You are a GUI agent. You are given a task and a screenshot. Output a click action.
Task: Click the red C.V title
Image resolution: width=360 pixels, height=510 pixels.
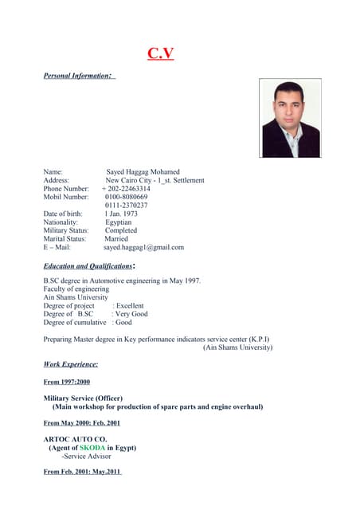tap(160, 54)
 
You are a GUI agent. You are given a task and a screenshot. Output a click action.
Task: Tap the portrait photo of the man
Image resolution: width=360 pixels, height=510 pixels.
tap(290, 118)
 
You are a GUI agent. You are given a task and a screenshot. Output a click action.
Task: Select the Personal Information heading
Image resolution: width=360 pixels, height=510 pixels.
tap(79, 76)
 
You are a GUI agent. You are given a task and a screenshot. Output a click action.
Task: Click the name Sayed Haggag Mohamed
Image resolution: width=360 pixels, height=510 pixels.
tap(143, 171)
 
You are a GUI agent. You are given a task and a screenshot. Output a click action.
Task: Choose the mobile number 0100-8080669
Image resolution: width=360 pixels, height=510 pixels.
tap(126, 197)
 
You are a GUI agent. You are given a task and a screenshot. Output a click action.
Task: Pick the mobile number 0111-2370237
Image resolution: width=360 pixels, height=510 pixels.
tap(126, 206)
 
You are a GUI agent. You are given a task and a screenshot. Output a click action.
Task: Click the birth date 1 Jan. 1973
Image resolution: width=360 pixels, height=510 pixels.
tap(121, 214)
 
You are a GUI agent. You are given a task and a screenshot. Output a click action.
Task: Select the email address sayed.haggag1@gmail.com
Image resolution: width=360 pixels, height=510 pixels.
tap(143, 247)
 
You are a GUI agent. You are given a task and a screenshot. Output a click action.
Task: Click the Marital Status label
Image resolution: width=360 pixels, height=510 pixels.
tap(65, 238)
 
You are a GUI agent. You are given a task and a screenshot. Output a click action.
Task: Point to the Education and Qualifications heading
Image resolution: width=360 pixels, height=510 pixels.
tap(88, 265)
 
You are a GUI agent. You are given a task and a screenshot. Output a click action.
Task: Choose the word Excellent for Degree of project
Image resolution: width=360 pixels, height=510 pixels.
tap(130, 306)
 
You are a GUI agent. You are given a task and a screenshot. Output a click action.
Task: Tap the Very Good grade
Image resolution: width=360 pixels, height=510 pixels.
tap(131, 314)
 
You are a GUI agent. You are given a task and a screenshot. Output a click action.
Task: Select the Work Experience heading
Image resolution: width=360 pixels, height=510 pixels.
tap(71, 363)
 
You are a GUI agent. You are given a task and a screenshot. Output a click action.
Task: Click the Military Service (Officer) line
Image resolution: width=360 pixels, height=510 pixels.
tap(83, 398)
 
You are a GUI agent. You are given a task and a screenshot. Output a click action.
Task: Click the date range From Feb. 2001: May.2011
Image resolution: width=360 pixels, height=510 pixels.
tap(83, 473)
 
